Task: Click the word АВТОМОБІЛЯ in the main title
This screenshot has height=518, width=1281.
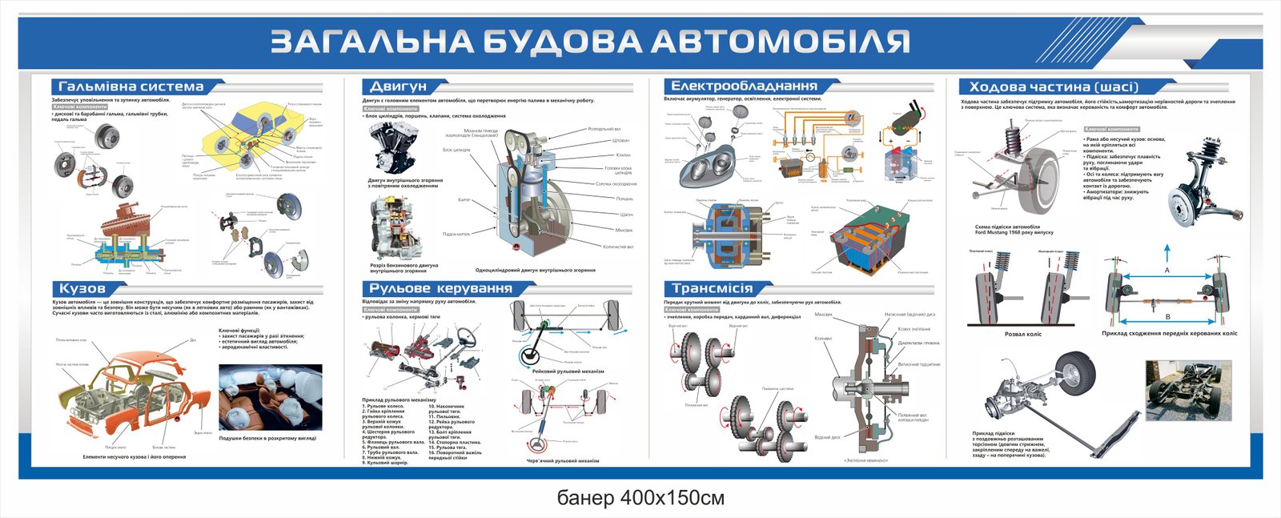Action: coord(781,42)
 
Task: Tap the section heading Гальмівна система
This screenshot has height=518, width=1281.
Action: coord(131,86)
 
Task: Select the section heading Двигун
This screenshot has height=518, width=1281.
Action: coord(398,86)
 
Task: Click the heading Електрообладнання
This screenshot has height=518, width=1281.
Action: coord(744,86)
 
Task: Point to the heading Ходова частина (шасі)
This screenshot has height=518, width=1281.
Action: coord(1053,86)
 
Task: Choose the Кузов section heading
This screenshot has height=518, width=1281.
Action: coord(82,288)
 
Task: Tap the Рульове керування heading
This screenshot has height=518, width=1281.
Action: coord(440,288)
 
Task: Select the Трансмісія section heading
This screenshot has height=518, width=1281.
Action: coord(712,288)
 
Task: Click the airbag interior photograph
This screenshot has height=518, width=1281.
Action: coord(270,397)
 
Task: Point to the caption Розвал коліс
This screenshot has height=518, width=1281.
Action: coord(1022,334)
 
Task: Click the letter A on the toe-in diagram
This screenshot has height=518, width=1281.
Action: coord(1167,271)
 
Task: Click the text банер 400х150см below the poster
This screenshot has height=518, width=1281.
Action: coord(640,498)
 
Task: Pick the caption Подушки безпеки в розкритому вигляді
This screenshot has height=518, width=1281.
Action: coord(267,439)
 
